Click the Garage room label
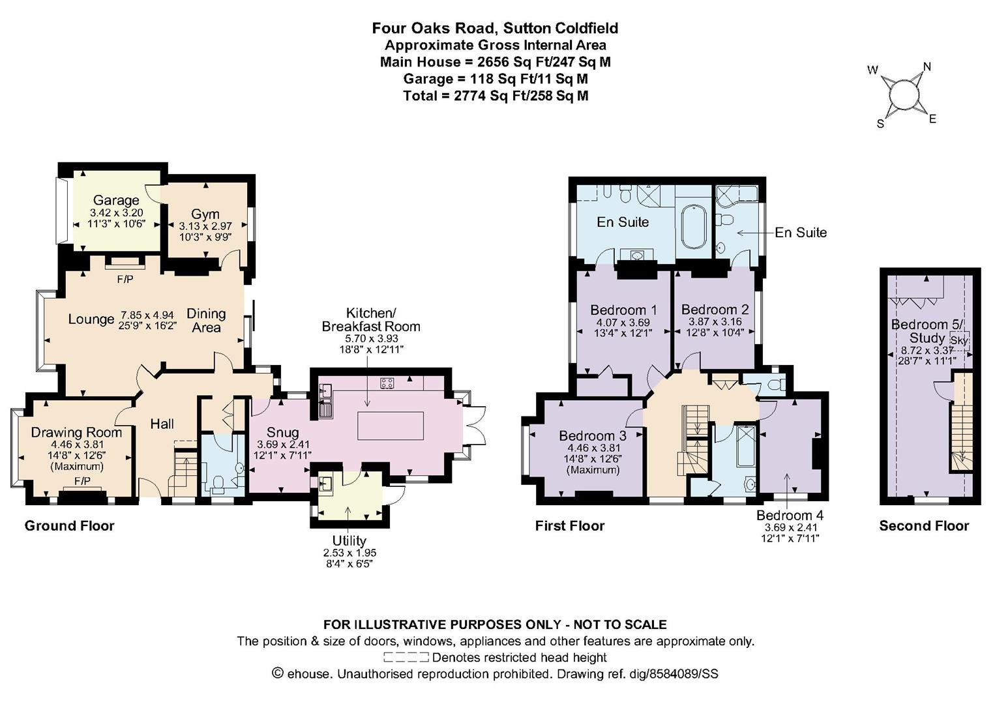[116, 200]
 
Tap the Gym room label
[205, 214]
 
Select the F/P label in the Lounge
[125, 280]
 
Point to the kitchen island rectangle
[391, 426]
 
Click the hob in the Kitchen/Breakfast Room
[387, 383]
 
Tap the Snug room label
[282, 432]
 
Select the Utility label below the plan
[349, 540]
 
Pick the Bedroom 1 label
[623, 310]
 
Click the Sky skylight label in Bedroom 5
[960, 341]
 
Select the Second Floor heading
[924, 526]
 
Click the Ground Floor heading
[69, 526]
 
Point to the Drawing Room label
[76, 432]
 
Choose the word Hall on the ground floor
[162, 424]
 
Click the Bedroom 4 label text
[790, 515]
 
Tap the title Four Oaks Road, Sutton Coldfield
[495, 28]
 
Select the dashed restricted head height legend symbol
[406, 657]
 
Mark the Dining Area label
[206, 320]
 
